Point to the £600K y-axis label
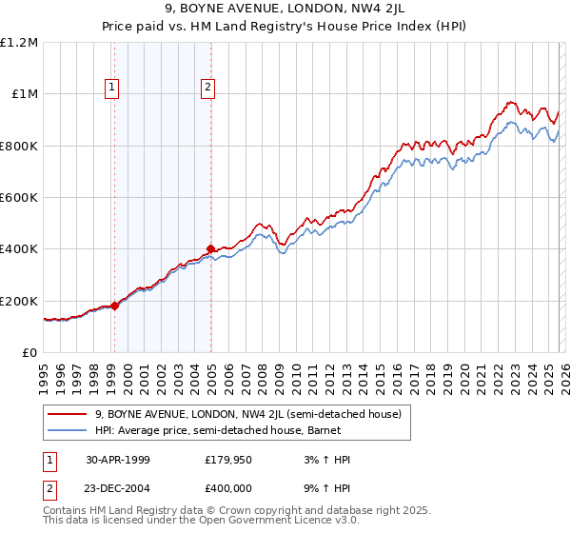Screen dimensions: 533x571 [x=19, y=198]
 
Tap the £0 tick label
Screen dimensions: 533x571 [x=30, y=353]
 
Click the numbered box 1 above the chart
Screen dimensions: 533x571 [x=112, y=88]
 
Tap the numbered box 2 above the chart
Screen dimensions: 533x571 [x=207, y=88]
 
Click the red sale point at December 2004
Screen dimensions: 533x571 [x=210, y=249]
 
